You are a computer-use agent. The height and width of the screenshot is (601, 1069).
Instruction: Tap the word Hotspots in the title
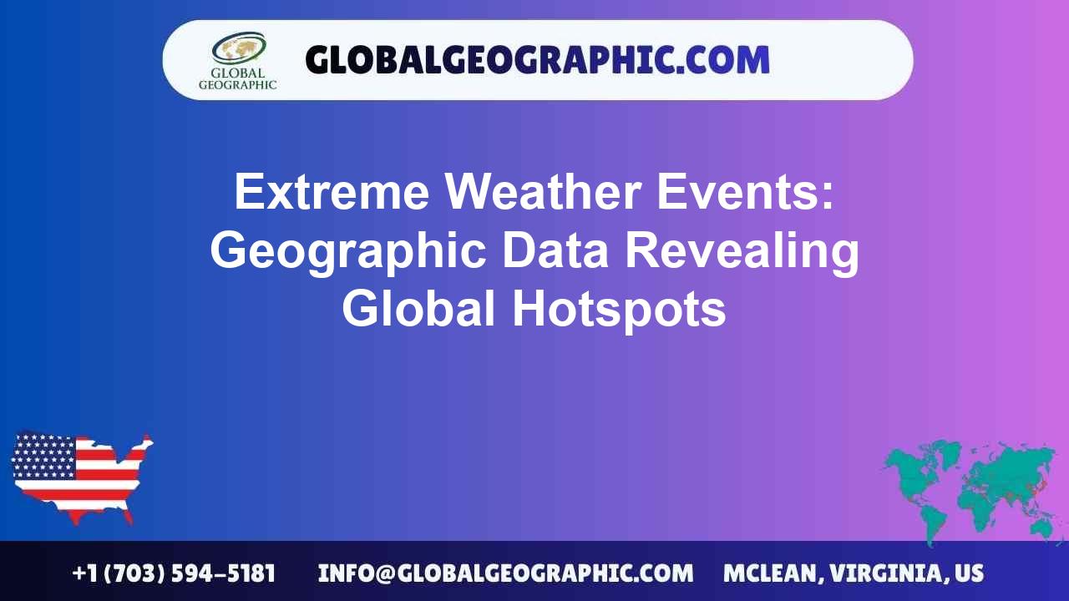pos(619,310)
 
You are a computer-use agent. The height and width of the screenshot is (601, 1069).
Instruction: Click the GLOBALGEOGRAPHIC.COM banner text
pos(537,60)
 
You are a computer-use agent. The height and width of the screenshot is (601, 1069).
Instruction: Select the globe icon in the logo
pos(238,48)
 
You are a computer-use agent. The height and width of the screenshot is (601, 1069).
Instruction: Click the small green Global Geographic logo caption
pos(238,78)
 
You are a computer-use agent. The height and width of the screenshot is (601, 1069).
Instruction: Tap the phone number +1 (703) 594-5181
pos(174,573)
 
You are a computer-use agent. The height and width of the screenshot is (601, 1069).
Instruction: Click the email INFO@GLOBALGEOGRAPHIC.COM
pos(505,573)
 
